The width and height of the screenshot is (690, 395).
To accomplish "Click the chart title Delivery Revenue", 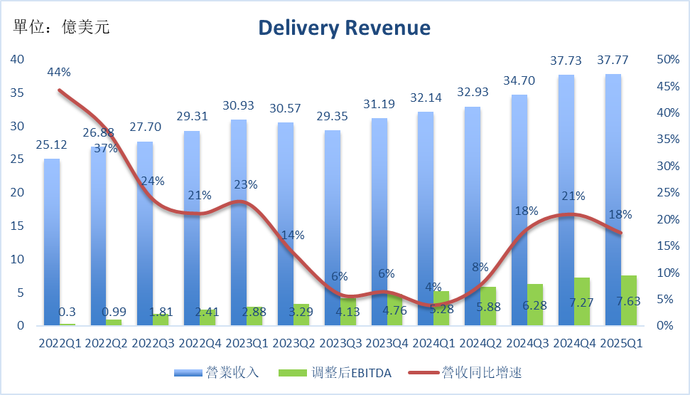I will click(x=344, y=28).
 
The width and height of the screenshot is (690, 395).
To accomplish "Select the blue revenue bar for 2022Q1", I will click(x=52, y=242).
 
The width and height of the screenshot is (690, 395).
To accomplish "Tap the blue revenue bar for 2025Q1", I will click(x=613, y=199).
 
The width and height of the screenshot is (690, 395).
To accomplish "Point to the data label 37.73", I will click(x=566, y=62).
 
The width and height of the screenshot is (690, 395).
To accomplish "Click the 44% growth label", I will click(x=58, y=72).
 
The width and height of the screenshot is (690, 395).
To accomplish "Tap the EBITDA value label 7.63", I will click(x=628, y=301).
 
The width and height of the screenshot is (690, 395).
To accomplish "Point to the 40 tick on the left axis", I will click(x=17, y=59).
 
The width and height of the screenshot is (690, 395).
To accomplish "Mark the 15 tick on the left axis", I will click(x=17, y=226).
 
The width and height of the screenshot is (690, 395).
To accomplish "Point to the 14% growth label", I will click(x=293, y=235).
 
